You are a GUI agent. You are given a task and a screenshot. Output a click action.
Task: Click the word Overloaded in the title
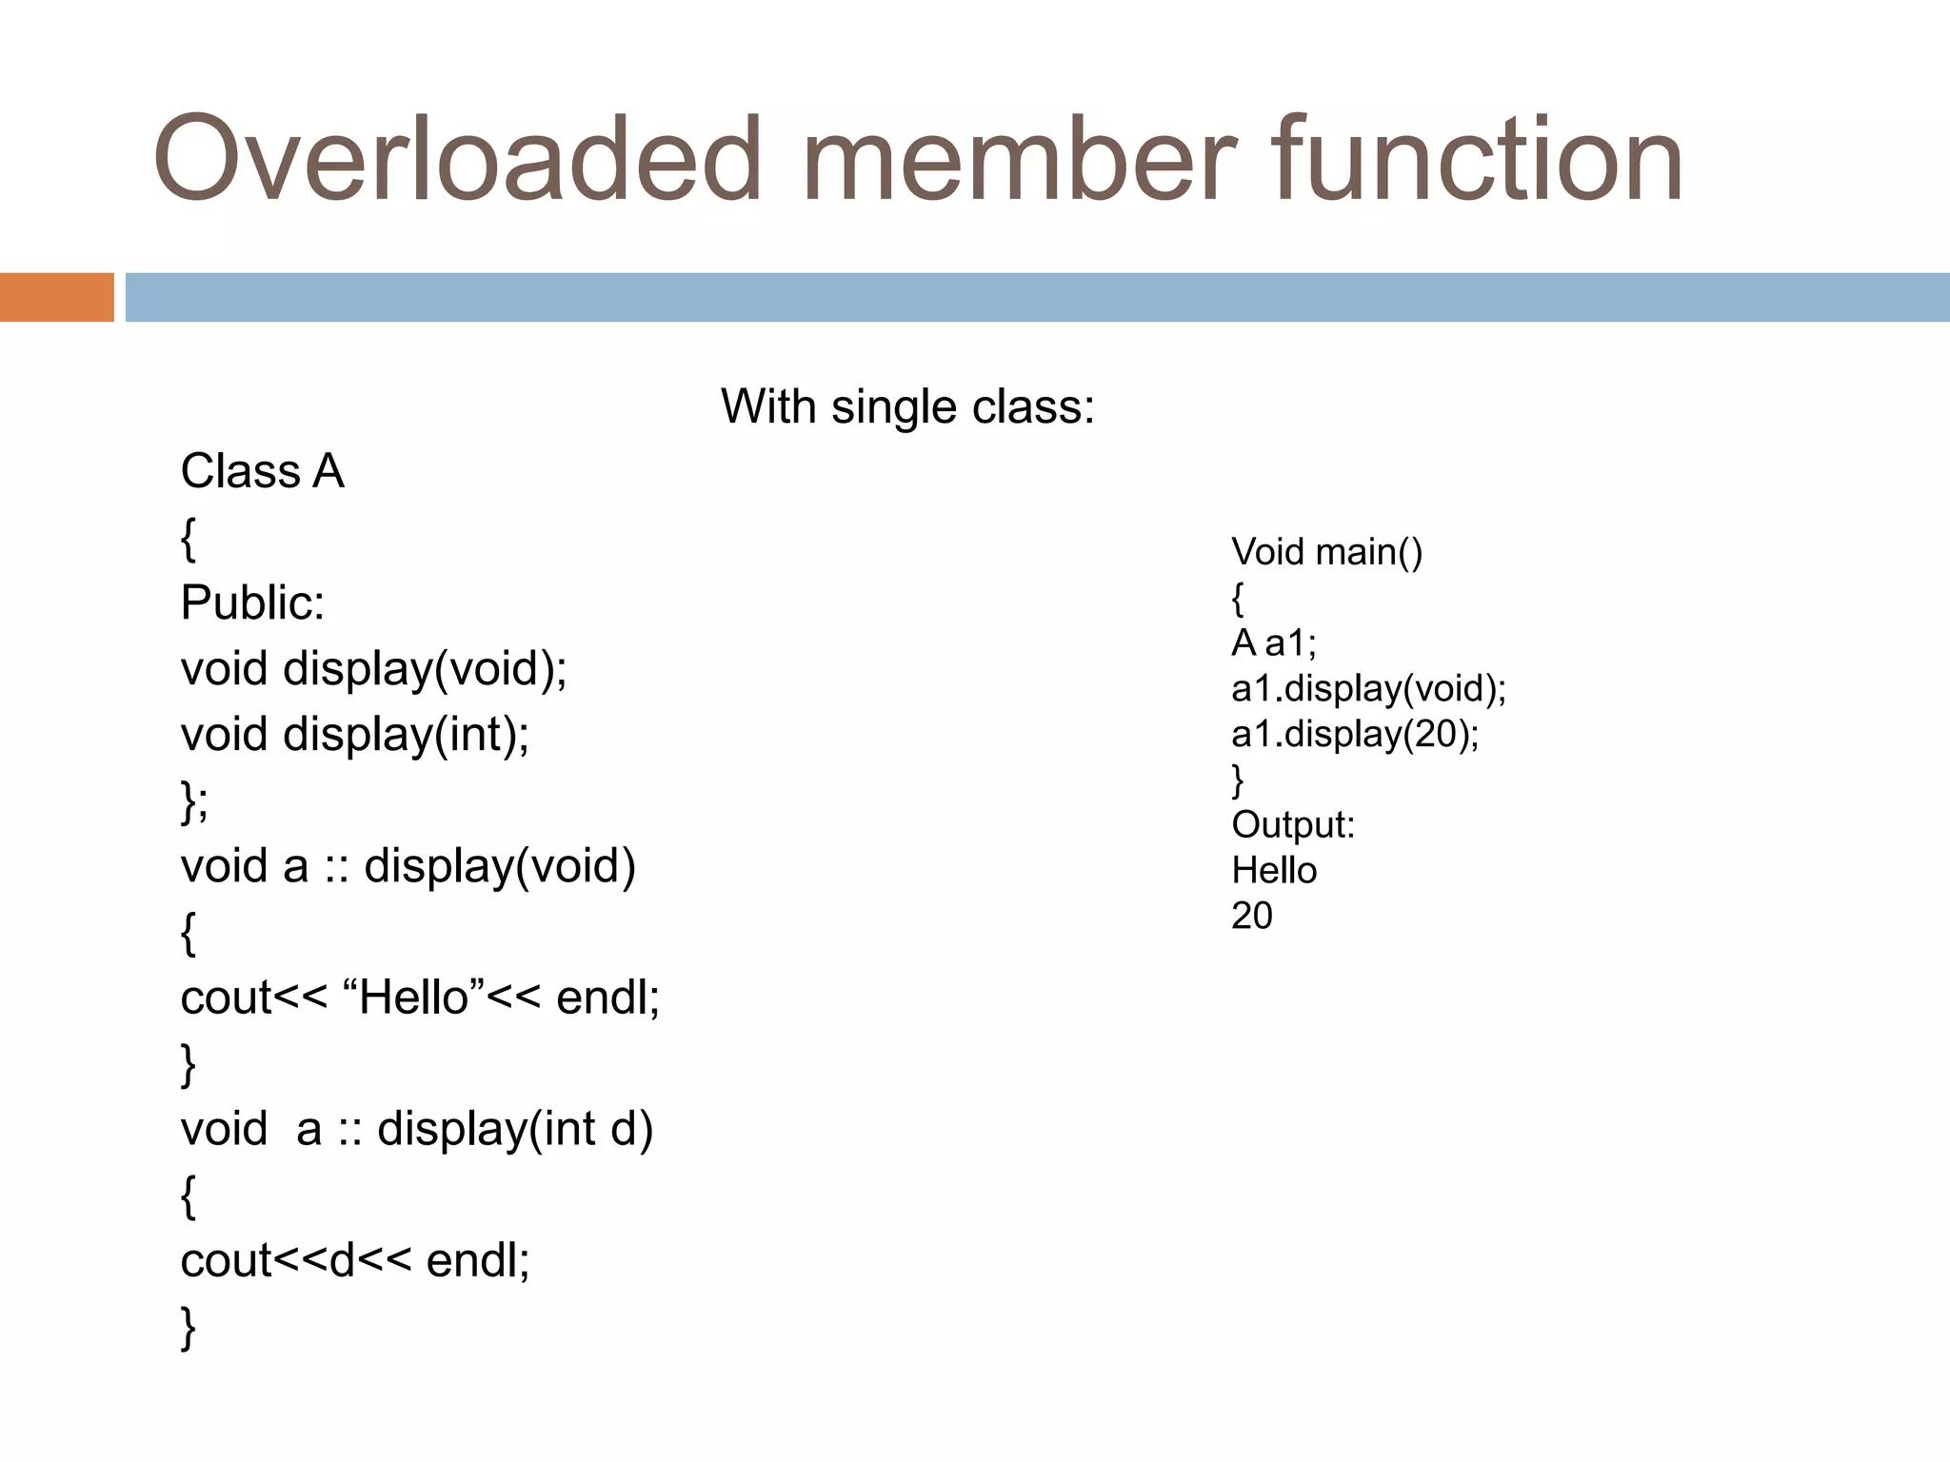[457, 160]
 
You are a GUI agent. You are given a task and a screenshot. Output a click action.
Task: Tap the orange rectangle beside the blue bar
[56, 297]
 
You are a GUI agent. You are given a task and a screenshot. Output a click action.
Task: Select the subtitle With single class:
[907, 407]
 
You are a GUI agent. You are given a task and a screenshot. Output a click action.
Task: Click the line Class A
[262, 471]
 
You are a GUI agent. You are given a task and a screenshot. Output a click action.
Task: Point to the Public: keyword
[252, 603]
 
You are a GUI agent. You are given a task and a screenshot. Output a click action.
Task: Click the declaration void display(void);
[373, 668]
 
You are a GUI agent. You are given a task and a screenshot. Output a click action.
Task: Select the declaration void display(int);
[354, 734]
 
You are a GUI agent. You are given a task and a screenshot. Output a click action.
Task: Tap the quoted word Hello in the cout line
[415, 998]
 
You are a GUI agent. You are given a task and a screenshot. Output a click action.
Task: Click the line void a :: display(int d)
[416, 1129]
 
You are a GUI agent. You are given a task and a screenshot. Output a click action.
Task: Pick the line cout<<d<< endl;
[354, 1260]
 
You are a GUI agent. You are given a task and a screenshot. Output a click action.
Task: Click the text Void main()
[1326, 552]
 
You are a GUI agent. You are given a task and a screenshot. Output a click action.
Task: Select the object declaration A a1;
[1273, 643]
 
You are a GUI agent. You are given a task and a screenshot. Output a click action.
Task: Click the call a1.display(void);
[1368, 688]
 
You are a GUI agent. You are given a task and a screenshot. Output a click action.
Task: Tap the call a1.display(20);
[1355, 734]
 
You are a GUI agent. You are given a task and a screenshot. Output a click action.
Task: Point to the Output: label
[1292, 824]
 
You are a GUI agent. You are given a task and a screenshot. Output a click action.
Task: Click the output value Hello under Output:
[1273, 870]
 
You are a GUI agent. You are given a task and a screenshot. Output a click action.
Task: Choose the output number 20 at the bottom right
[1251, 916]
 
